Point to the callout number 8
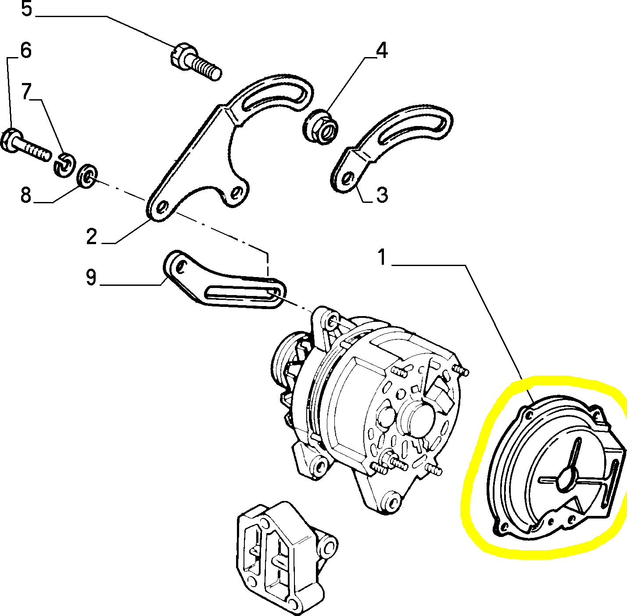click(26, 195)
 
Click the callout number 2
click(91, 237)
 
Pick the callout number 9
click(91, 277)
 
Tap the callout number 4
click(382, 51)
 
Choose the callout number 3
click(382, 195)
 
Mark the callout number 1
click(382, 258)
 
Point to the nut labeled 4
click(321, 127)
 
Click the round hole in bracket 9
click(180, 265)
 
